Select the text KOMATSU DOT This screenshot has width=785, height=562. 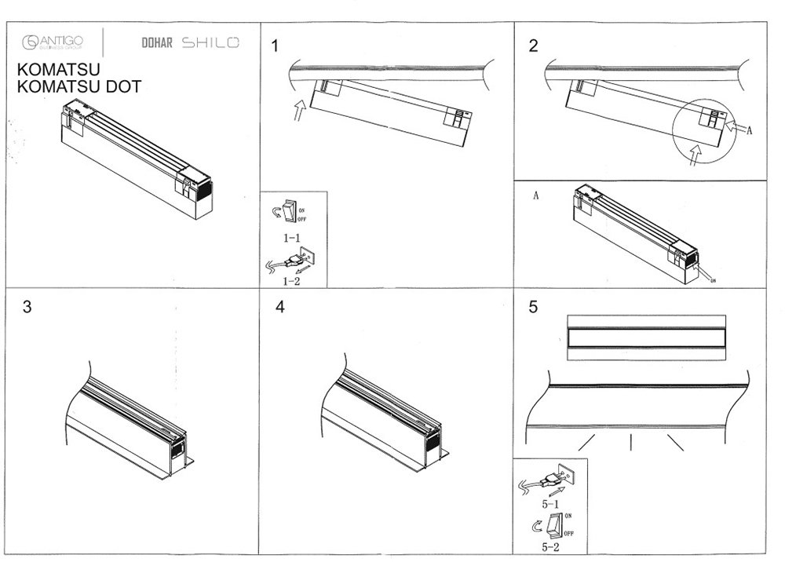(x=78, y=87)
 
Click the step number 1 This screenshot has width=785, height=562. (x=275, y=46)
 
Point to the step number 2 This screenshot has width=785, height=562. (x=534, y=46)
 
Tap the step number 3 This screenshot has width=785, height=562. (x=27, y=308)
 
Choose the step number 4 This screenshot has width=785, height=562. (x=280, y=308)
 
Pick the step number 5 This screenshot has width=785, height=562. (x=534, y=308)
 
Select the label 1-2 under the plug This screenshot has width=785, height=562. (x=292, y=279)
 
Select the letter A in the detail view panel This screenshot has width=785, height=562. (x=535, y=196)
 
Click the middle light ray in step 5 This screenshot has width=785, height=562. (x=631, y=443)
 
